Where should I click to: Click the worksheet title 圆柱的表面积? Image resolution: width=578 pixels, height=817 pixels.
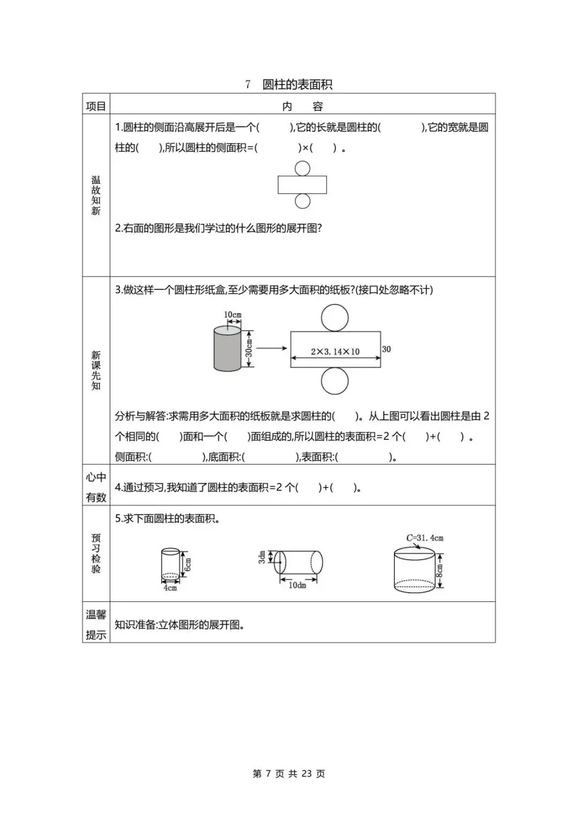coord(297,85)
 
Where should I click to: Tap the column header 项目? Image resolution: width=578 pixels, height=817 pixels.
coord(96,106)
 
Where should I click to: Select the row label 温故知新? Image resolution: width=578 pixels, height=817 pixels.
coord(96,195)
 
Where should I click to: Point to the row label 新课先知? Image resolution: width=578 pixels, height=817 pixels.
coord(96,370)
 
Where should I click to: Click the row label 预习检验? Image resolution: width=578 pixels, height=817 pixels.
coord(96,553)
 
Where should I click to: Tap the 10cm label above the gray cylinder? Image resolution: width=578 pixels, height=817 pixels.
coord(233,315)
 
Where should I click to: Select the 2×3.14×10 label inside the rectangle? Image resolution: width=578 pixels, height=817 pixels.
coord(335,352)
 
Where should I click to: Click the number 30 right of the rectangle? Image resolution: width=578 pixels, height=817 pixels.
coord(386,349)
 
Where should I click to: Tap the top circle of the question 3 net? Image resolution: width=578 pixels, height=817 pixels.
coord(335,318)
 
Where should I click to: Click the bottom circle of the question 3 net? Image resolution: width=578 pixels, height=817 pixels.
coord(335,380)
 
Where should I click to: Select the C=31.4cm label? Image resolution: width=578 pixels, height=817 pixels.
coord(425,538)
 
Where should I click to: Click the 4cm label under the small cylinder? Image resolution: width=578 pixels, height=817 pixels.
coord(170,587)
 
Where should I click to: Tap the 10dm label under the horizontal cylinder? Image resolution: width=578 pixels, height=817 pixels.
coord(298,585)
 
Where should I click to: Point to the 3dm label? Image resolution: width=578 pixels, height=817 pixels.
coord(262,557)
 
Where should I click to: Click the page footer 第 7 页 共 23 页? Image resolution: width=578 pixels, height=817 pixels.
coord(289,774)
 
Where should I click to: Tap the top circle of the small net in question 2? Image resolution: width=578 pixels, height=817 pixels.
coord(302,169)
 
